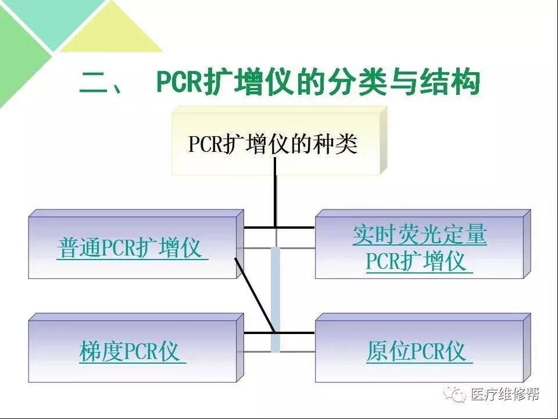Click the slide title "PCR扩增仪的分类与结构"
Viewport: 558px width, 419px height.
(319, 83)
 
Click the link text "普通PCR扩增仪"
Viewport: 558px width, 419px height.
(131, 249)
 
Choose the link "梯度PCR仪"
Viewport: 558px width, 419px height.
(132, 352)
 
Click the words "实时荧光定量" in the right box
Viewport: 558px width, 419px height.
(419, 235)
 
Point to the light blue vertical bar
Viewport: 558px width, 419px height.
(276, 300)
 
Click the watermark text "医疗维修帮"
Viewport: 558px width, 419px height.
(505, 394)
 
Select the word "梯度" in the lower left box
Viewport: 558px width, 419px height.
(96, 352)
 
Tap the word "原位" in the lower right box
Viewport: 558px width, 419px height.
(382, 352)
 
